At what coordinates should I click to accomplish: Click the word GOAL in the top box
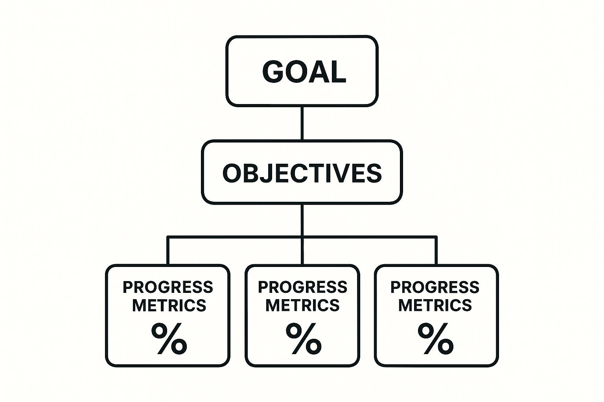pos(304,71)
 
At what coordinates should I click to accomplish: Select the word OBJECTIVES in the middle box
pos(302,174)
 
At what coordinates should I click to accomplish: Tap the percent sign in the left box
pos(169,338)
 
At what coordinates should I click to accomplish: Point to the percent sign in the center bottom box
pos(304,338)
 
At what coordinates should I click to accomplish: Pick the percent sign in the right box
pos(435,338)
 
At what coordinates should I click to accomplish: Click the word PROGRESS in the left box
pos(168,287)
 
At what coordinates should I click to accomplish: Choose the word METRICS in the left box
pos(169,305)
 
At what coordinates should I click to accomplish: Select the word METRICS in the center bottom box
pos(302,305)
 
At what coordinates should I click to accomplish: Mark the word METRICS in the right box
pos(435,305)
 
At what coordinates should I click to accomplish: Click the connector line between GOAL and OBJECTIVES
pos(302,123)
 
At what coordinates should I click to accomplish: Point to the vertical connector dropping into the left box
pos(168,251)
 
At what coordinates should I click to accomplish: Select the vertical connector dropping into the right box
pos(436,251)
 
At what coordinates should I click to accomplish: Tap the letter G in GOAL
pos(273,71)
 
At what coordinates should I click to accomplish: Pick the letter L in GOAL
pos(339,71)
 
